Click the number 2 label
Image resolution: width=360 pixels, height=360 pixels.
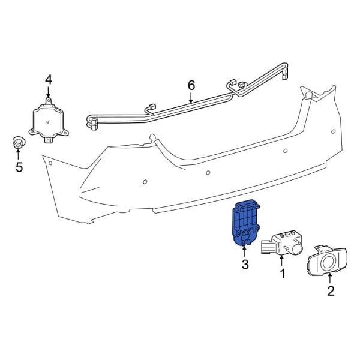click(330, 292)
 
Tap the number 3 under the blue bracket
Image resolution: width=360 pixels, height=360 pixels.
click(245, 265)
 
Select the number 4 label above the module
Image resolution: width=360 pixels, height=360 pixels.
click(49, 79)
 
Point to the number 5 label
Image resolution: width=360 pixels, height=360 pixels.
click(19, 167)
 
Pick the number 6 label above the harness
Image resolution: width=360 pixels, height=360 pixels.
click(191, 85)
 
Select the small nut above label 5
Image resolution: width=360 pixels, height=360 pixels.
click(19, 143)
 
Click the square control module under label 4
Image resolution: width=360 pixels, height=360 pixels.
click(49, 120)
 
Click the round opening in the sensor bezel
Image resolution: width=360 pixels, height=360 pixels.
click(328, 262)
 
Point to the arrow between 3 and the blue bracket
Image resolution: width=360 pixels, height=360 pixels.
click(245, 251)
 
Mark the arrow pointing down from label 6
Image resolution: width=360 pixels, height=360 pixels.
click(191, 99)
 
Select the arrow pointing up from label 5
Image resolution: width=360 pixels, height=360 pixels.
click(19, 154)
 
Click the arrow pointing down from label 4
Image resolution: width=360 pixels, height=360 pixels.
click(49, 92)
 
